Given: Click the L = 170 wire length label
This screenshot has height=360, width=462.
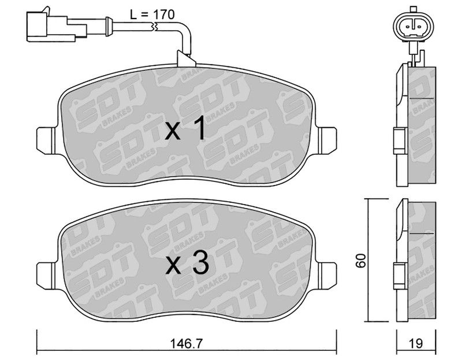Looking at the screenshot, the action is tap(152, 14).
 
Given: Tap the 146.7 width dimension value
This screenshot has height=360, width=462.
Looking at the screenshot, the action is tap(187, 343).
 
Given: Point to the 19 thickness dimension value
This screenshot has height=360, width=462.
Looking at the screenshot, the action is tap(416, 343).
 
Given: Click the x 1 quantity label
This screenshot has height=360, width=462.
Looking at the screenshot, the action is tap(185, 128).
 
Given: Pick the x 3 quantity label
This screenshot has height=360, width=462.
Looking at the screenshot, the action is tap(187, 263).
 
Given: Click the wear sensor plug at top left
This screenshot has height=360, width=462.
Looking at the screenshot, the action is tap(56, 26).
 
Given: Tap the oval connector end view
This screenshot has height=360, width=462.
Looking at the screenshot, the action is tap(413, 27).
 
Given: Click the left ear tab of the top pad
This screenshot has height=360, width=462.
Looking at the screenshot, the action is tap(46, 140).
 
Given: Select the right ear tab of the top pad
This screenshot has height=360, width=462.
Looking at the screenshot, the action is tap(327, 140).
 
